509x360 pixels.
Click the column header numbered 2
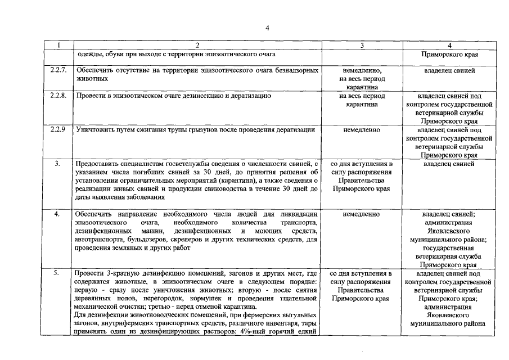(197, 46)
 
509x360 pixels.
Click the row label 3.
(57, 164)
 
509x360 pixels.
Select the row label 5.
(57, 273)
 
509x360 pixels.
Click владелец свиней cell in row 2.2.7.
(448, 71)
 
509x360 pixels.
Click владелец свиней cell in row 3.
(448, 164)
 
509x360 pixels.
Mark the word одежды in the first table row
(86, 55)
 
